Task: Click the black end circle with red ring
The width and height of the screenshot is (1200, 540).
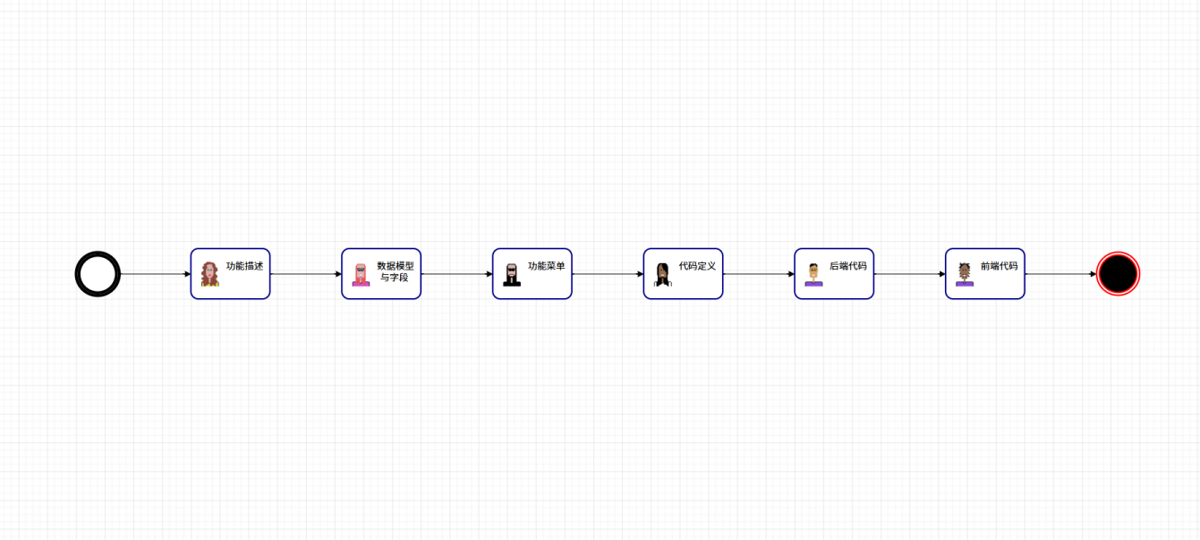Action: pyautogui.click(x=1118, y=274)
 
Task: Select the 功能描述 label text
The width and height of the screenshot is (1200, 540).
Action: pyautogui.click(x=244, y=266)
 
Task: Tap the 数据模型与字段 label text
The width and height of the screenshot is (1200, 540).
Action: pyautogui.click(x=396, y=271)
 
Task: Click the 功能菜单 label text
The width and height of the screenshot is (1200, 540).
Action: pyautogui.click(x=547, y=266)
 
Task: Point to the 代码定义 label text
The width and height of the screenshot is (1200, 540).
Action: pyautogui.click(x=697, y=266)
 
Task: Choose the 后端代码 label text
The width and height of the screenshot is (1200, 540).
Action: pyautogui.click(x=848, y=266)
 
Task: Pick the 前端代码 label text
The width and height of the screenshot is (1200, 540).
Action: pyautogui.click(x=1000, y=266)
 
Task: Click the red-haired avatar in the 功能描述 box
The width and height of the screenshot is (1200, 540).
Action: pyautogui.click(x=209, y=274)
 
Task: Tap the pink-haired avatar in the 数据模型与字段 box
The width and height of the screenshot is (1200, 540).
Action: pyautogui.click(x=361, y=275)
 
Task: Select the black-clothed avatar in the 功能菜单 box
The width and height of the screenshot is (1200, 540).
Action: pyautogui.click(x=512, y=275)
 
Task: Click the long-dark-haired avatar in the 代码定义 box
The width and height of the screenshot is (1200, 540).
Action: pyautogui.click(x=663, y=275)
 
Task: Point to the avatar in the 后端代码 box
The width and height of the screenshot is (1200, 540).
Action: pyautogui.click(x=813, y=275)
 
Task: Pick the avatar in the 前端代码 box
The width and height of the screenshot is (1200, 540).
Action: pyautogui.click(x=965, y=275)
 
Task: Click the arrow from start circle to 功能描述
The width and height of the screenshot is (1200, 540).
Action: pyautogui.click(x=156, y=274)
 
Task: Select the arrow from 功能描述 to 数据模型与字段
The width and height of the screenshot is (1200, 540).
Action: pyautogui.click(x=306, y=274)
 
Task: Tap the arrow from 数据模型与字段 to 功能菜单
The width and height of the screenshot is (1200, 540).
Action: pyautogui.click(x=457, y=274)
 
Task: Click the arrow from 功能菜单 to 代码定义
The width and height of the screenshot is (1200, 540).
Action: pyautogui.click(x=608, y=274)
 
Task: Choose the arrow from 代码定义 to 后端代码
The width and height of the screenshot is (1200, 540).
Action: pyautogui.click(x=759, y=274)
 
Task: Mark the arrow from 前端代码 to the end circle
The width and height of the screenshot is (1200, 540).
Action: pyautogui.click(x=1060, y=274)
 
